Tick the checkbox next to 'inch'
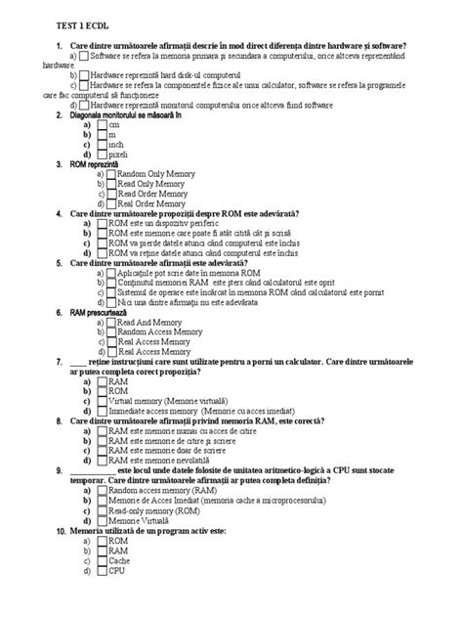pos(102,145)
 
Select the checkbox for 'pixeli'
pos(102,154)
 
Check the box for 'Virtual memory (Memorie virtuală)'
pos(102,401)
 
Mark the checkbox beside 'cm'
pos(102,125)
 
